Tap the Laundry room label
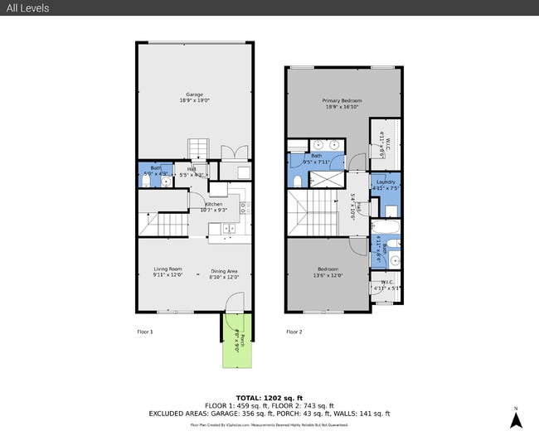point(386,184)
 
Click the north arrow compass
point(515,419)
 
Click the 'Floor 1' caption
point(145,332)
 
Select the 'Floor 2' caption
point(294,332)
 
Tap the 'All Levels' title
point(27,8)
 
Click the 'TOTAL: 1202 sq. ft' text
point(269,399)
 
